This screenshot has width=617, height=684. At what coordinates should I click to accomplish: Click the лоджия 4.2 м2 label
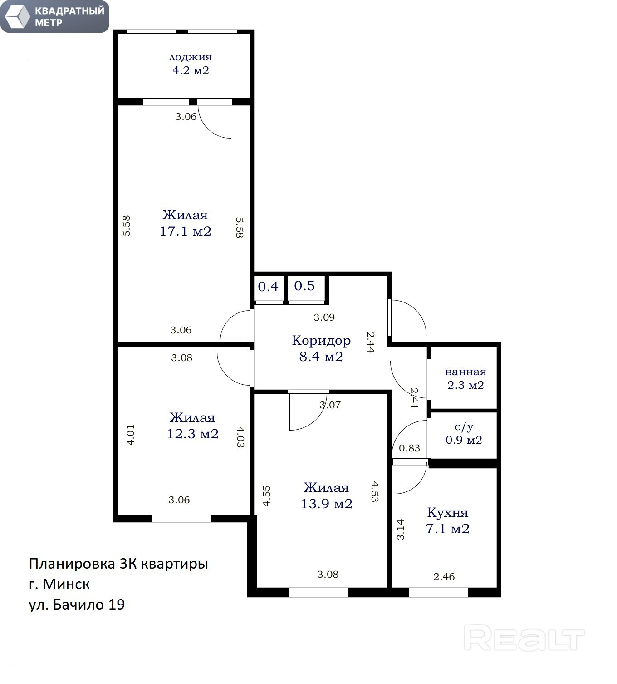[x=191, y=64]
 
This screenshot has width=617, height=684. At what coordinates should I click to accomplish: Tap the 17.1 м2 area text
[x=186, y=232]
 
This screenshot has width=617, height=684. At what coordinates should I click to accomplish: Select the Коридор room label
[x=321, y=340]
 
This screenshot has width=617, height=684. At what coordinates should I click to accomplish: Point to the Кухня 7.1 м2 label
[x=448, y=520]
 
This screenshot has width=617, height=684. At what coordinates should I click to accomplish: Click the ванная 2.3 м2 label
[x=466, y=378]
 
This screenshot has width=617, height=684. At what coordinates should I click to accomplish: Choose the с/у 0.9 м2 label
[x=464, y=433]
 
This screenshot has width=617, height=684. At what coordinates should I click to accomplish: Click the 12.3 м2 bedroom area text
[x=193, y=434]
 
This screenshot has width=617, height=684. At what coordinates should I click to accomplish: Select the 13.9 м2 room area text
[x=327, y=504]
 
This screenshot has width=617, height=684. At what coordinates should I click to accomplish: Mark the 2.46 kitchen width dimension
[x=444, y=577]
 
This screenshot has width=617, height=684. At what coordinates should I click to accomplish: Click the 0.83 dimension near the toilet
[x=410, y=448]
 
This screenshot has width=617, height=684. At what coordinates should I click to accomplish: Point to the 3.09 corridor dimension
[x=324, y=317]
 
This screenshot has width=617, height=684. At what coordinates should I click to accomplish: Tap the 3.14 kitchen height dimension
[x=400, y=530]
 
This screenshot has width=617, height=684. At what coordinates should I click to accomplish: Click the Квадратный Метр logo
[x=55, y=16]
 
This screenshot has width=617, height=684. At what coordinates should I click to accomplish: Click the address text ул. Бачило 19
[x=77, y=605]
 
